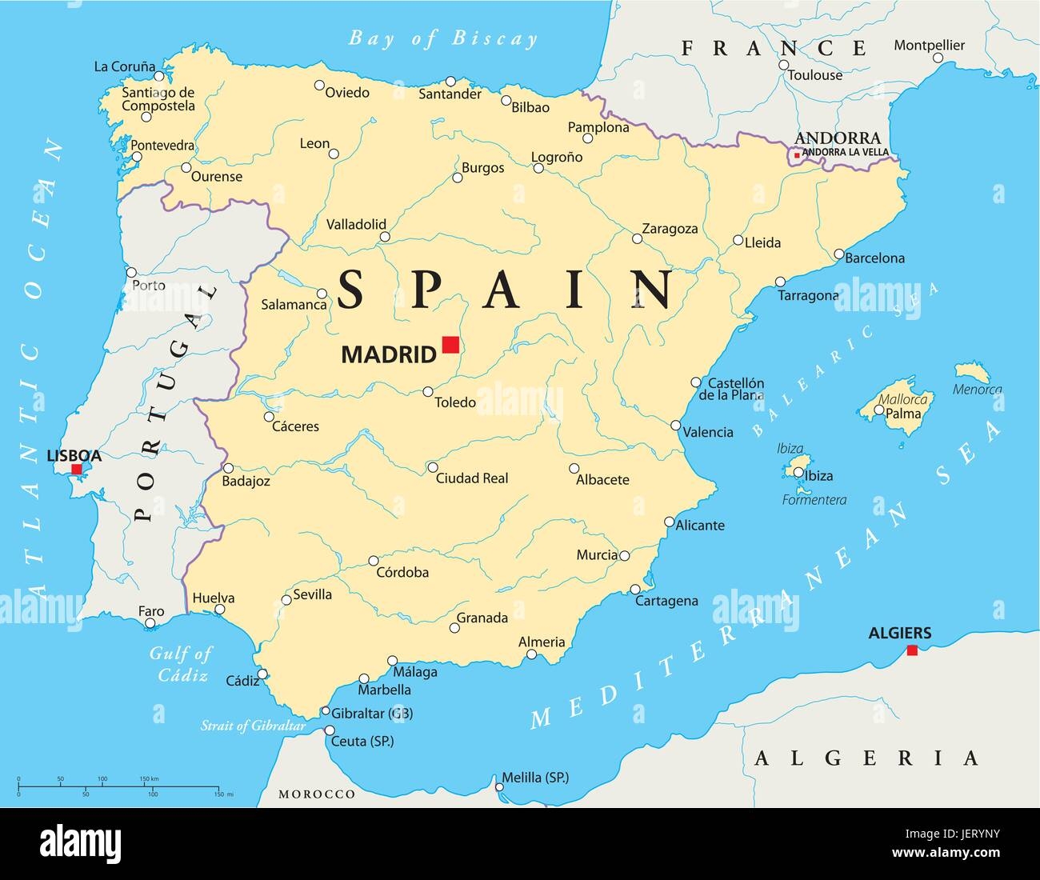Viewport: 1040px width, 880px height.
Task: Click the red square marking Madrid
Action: tap(450, 345)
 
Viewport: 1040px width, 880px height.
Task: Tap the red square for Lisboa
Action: tap(76, 470)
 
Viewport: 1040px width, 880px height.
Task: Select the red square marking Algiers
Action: tap(912, 650)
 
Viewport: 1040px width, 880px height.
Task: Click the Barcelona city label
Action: tap(874, 258)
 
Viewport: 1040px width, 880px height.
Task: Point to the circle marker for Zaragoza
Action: tap(637, 238)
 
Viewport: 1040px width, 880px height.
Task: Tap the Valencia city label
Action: tap(709, 432)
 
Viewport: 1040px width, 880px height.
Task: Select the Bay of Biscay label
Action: tap(443, 38)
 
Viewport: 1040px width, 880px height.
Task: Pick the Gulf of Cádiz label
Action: tap(181, 664)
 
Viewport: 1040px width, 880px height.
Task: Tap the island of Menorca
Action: tap(972, 372)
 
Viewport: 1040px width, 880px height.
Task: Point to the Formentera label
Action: tap(814, 501)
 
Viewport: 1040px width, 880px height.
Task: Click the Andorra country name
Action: tap(838, 138)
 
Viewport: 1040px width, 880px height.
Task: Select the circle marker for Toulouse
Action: tap(784, 66)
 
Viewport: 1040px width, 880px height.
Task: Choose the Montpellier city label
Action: tap(929, 46)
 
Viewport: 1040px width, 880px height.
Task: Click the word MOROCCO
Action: tap(317, 794)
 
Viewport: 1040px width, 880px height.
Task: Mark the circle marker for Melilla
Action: tap(499, 787)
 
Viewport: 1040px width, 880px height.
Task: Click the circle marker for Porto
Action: tap(131, 272)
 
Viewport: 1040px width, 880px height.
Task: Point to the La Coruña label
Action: tap(124, 67)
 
